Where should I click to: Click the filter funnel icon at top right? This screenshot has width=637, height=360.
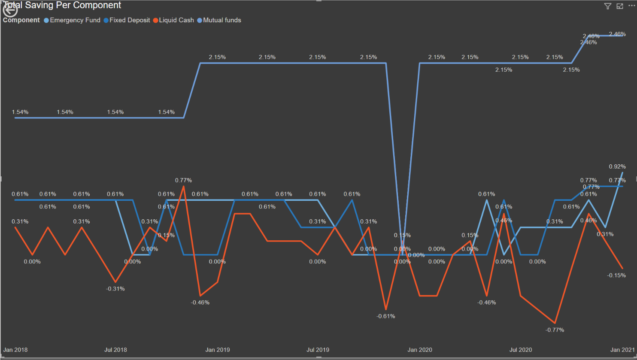tap(607, 6)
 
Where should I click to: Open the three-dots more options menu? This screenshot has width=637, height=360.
tap(631, 6)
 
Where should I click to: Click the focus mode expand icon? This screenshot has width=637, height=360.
tap(619, 6)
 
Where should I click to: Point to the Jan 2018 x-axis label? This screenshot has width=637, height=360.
tap(15, 350)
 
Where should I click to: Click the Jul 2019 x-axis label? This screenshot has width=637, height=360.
tap(318, 350)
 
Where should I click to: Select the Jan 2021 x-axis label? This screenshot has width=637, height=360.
tap(622, 350)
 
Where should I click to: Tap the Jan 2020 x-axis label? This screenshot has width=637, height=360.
tap(419, 350)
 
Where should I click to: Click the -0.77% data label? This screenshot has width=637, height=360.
tap(555, 330)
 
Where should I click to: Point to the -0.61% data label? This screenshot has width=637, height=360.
tap(385, 316)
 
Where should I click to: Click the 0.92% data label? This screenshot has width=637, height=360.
tap(617, 166)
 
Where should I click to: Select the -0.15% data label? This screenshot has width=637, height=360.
tap(616, 275)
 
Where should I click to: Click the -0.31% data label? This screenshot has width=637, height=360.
tap(115, 289)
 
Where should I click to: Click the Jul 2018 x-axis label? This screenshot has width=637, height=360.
tap(115, 350)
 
